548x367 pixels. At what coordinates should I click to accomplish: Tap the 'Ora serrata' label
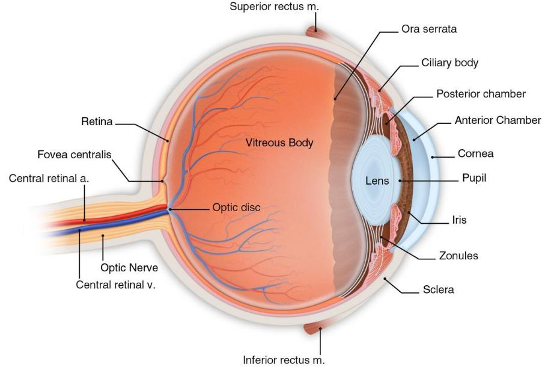click(429, 29)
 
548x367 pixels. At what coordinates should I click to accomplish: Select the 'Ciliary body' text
click(449, 63)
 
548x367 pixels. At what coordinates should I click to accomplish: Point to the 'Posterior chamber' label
click(481, 94)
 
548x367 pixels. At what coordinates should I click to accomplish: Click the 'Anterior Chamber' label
click(498, 120)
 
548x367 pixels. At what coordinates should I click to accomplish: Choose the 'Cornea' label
click(475, 153)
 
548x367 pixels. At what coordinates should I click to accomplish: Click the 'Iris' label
click(459, 220)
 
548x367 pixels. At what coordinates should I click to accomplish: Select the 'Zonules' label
click(458, 256)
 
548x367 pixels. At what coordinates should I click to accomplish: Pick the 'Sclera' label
click(439, 290)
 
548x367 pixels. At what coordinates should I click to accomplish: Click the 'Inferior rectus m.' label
click(284, 360)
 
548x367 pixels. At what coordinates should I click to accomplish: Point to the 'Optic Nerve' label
click(129, 268)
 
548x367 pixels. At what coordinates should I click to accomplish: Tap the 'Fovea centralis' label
click(75, 155)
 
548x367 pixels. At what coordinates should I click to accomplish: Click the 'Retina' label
click(97, 122)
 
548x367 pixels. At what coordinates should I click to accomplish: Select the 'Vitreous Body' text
click(280, 143)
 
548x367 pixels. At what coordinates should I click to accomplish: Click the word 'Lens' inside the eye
click(377, 180)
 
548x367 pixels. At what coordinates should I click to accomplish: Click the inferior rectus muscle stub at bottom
click(314, 328)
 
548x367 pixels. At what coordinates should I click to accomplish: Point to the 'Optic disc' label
click(236, 208)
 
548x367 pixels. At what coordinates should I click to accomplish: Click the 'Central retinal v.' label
click(115, 285)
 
